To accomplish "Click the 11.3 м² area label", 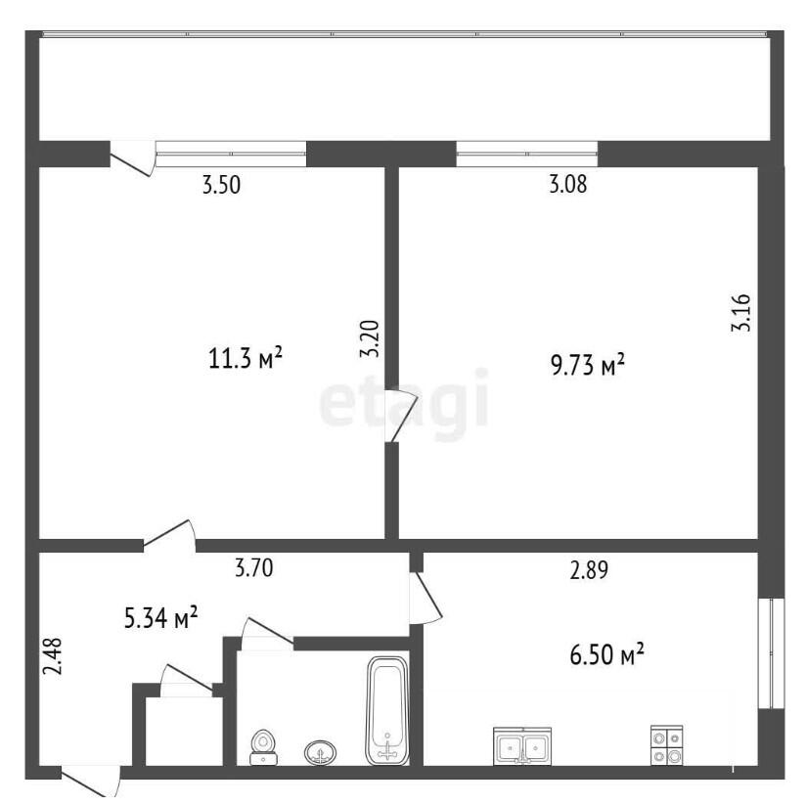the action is (x=246, y=358).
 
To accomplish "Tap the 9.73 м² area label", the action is (x=588, y=365).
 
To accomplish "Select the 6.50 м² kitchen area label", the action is (x=606, y=654).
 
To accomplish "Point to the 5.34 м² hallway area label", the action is (x=161, y=617).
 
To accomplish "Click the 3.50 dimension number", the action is (x=221, y=185).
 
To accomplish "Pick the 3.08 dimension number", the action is (x=568, y=184).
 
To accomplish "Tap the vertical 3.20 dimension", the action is (x=370, y=338).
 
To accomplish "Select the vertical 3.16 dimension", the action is (x=741, y=312).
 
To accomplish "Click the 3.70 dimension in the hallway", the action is (x=253, y=568).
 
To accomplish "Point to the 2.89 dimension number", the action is (x=589, y=570).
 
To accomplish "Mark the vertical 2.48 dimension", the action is (x=52, y=655).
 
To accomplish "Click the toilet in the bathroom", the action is (x=263, y=747).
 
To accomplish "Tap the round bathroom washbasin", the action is (x=320, y=752).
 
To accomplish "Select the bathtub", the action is (x=388, y=710).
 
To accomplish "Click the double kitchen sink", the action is (x=522, y=745).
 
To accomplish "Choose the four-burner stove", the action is (x=666, y=745).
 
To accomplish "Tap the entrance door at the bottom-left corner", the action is (x=91, y=780).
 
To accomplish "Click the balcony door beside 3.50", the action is (x=133, y=157).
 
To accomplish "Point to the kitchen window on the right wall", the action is (x=771, y=653).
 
